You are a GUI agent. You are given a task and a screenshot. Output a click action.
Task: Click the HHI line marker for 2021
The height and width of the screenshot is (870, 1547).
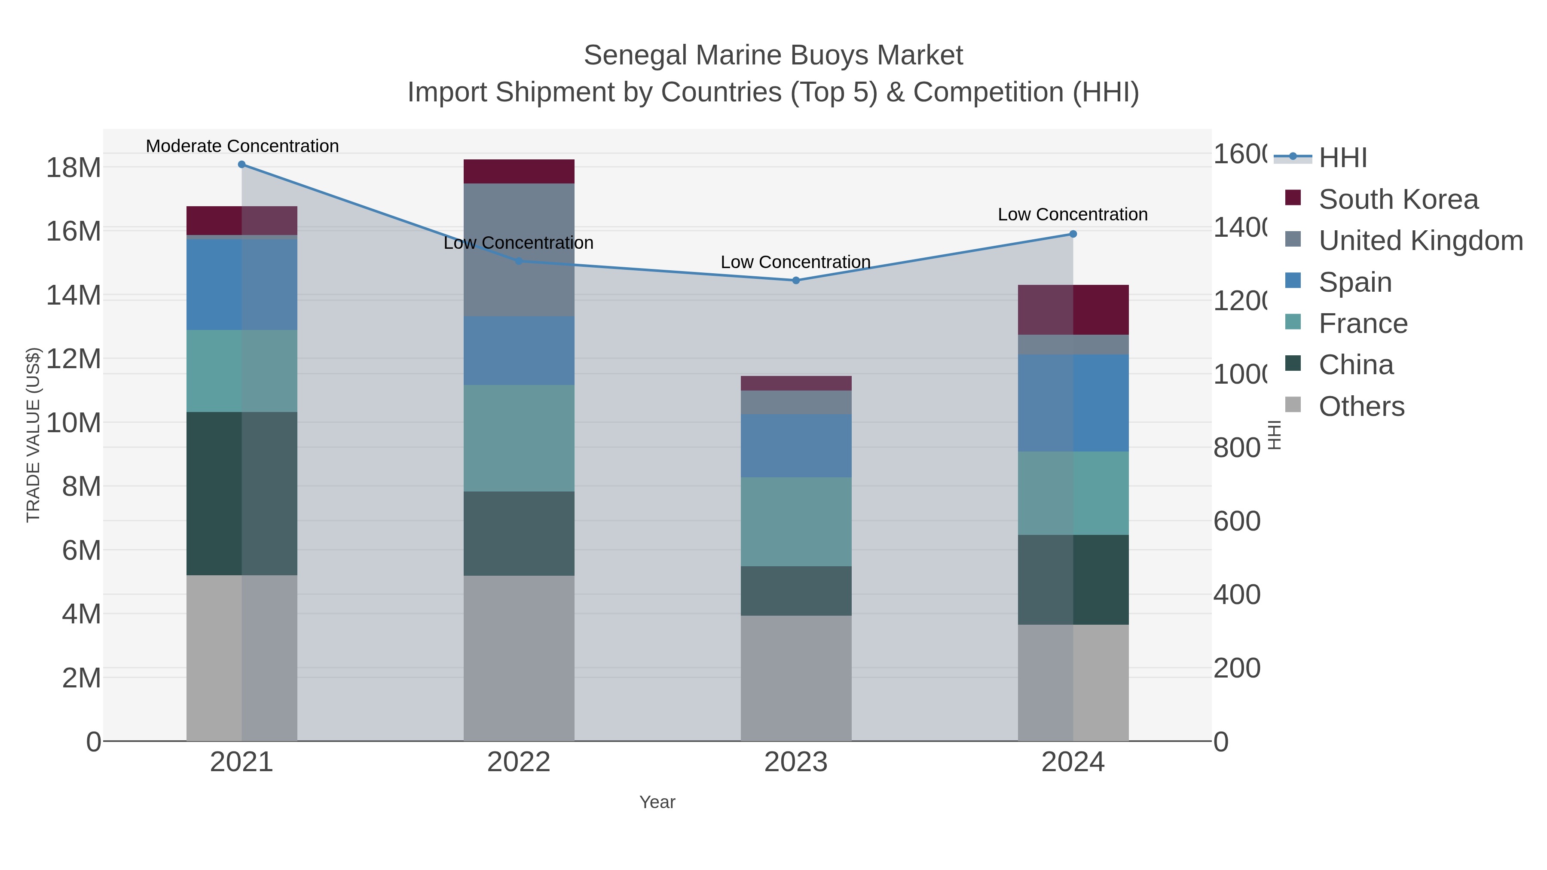[242, 165]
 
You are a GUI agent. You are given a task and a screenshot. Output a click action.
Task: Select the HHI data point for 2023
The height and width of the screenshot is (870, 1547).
[796, 281]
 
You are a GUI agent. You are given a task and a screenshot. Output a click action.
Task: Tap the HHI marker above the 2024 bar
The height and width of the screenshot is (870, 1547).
[1073, 234]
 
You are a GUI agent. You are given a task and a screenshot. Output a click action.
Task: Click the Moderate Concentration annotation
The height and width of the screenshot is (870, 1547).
[242, 147]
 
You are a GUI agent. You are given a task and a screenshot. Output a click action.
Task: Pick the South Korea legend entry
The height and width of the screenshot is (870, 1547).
[1398, 199]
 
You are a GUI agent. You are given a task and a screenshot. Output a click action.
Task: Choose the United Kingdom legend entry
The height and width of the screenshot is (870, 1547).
[1420, 241]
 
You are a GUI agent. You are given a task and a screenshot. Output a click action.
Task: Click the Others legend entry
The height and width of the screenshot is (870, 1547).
[1361, 406]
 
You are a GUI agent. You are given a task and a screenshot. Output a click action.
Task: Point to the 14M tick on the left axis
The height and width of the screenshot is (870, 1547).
[73, 296]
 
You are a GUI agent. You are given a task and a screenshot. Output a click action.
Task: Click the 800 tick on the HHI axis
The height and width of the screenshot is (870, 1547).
[1236, 448]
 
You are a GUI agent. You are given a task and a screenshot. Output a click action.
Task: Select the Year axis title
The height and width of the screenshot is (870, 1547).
[657, 802]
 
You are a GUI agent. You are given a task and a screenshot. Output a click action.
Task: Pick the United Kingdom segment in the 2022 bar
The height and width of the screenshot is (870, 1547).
[518, 250]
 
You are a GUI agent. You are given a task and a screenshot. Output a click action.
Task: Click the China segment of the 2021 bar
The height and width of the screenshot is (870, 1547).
[242, 494]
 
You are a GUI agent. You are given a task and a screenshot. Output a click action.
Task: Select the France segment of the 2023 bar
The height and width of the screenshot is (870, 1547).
[796, 522]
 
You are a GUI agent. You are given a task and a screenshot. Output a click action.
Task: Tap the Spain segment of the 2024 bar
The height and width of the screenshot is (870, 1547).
[1073, 403]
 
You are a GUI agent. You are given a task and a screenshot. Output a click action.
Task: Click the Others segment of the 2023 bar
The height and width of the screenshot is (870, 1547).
[796, 678]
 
